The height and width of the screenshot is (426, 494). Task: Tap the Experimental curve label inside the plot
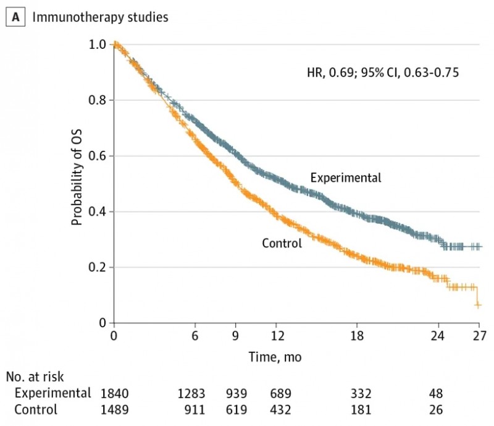tap(346, 178)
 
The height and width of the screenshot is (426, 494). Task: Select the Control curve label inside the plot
tap(282, 243)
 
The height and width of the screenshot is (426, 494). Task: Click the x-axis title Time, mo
tap(275, 357)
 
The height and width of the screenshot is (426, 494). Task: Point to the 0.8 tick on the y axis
tap(97, 100)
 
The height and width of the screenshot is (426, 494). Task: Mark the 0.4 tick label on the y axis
tap(97, 211)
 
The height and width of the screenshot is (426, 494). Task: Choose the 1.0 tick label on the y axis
tap(97, 45)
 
